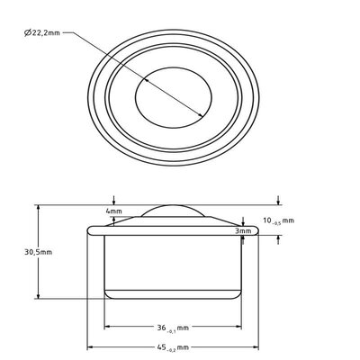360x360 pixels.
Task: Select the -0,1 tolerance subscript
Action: tap(171, 330)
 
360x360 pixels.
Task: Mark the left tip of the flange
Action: tap(87, 230)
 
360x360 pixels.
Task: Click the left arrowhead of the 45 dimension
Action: tap(89, 346)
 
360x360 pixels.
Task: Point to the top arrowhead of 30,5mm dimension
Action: tap(38, 206)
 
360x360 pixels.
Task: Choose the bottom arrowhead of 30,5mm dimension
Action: tap(38, 298)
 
